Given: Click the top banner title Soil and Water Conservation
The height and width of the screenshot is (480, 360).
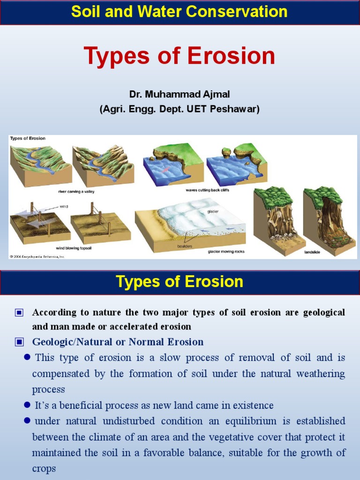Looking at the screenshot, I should point(180,12).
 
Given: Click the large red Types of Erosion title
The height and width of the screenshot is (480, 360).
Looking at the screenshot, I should point(180,56).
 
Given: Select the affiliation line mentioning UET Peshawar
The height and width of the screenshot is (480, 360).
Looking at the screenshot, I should point(180,109).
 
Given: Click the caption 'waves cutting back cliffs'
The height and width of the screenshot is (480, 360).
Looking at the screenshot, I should point(207,190).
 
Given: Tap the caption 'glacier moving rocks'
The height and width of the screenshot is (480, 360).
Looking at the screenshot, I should point(226,252).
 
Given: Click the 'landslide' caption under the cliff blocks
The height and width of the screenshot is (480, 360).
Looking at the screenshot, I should point(312,252).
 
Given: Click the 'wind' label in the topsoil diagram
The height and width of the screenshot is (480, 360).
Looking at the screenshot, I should point(64,205).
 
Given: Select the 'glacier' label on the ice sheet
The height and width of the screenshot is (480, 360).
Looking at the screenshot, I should point(213,211).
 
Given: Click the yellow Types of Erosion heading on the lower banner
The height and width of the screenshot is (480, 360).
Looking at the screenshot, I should point(180,282).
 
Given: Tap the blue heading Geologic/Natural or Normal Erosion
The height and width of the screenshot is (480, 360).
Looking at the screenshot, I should point(118,342).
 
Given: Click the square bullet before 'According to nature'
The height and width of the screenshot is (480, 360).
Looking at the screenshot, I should point(19,313).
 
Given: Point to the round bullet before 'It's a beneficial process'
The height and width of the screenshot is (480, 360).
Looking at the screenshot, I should point(27,405).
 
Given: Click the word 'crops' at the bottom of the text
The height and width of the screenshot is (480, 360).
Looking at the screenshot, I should point(44,469).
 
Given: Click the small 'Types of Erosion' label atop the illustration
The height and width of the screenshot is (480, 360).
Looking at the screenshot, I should point(28,138).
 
